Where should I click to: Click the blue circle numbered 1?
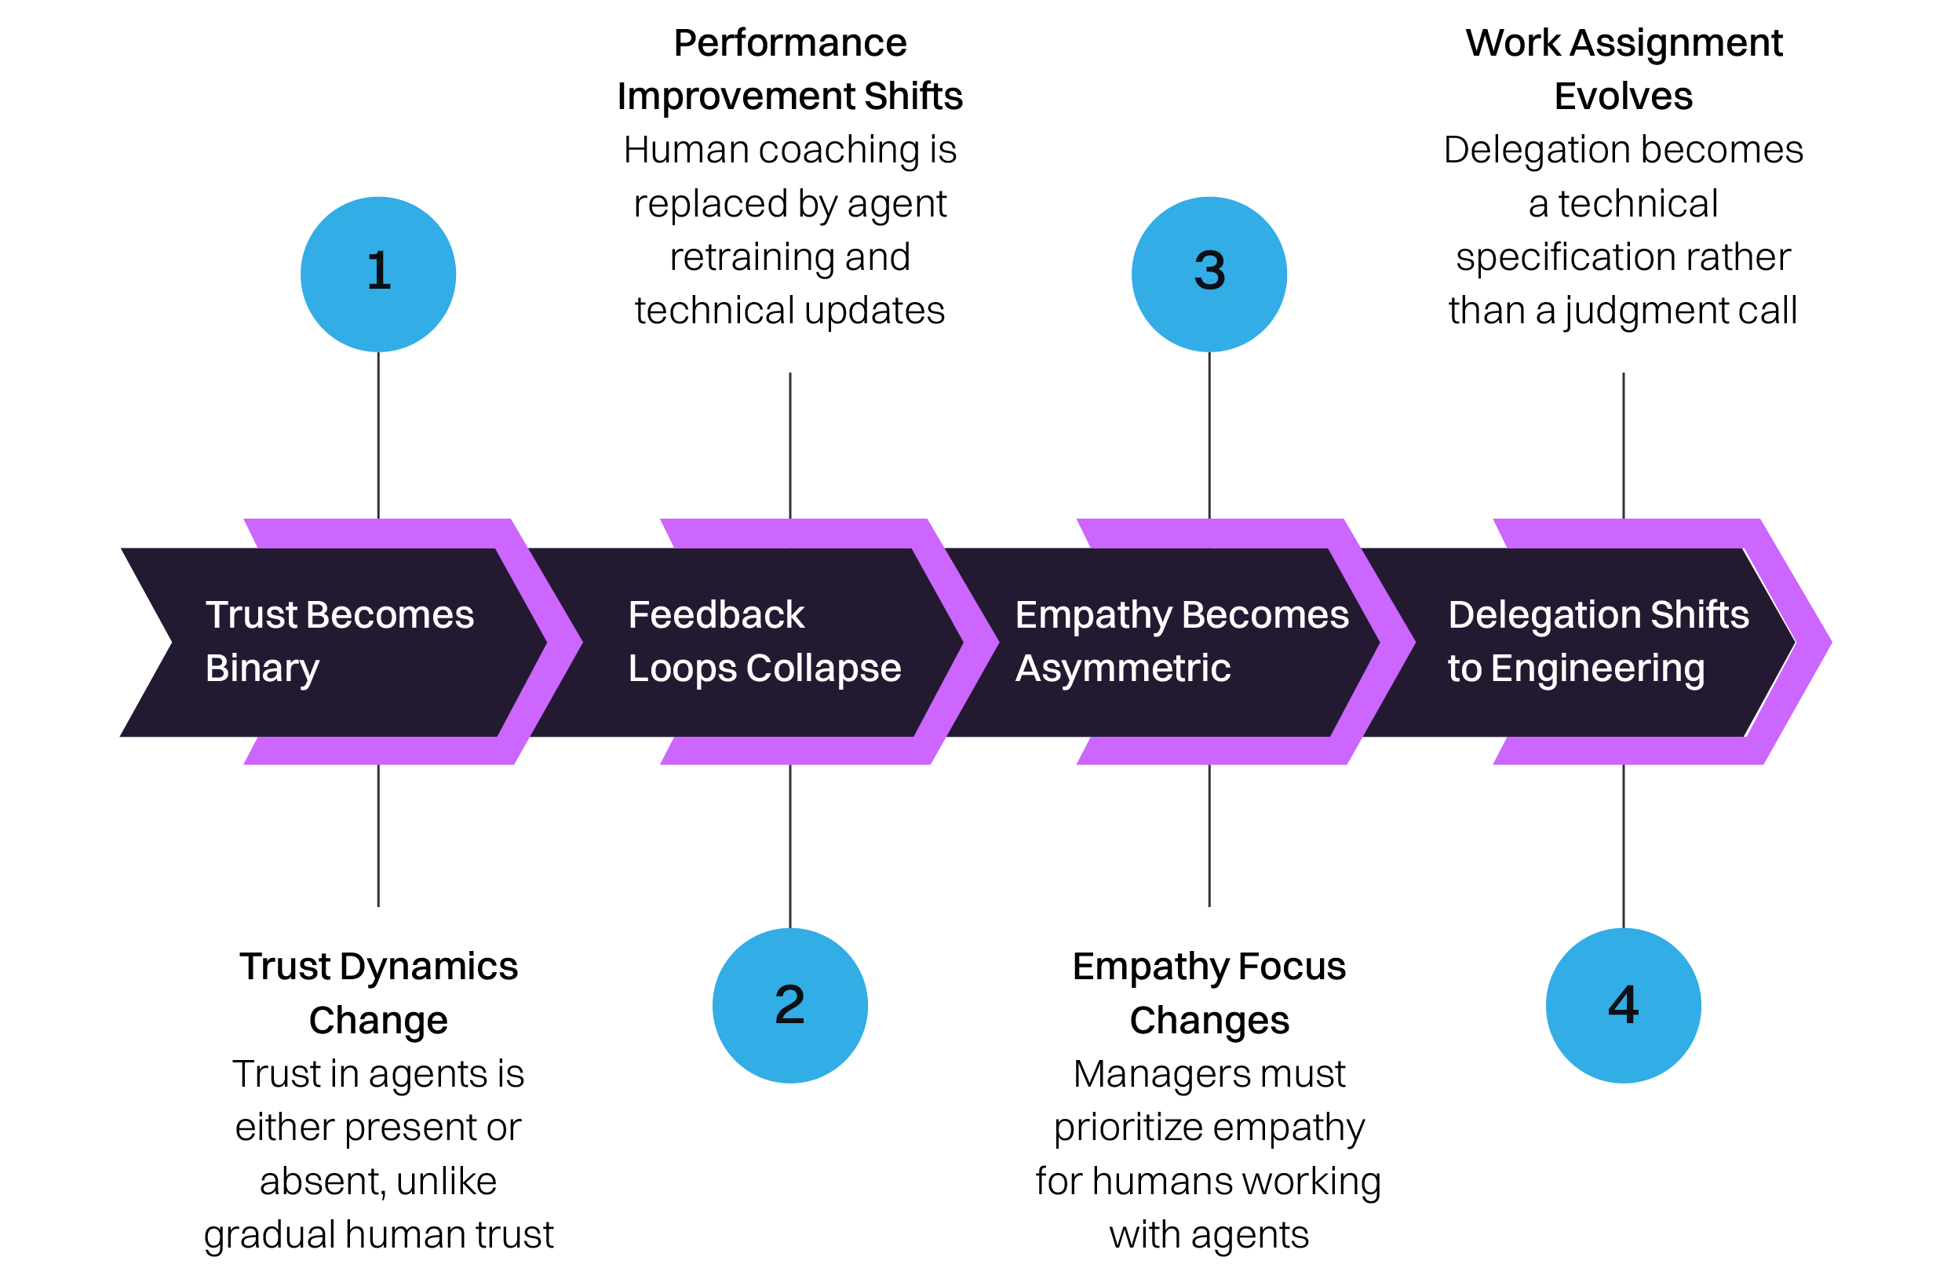tap(378, 274)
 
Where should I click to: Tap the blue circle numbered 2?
tap(789, 1006)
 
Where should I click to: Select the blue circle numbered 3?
tap(1209, 274)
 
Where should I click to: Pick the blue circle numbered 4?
tap(1623, 1006)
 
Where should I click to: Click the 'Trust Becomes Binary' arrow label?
tap(339, 641)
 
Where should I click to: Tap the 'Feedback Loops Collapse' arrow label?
tap(764, 641)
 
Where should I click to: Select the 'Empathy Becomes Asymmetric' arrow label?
tap(1181, 641)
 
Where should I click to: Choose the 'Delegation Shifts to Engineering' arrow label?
tap(1598, 641)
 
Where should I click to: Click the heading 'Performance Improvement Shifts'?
tap(789, 70)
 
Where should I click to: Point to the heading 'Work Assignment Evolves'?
tap(1623, 70)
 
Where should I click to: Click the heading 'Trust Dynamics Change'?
tap(378, 993)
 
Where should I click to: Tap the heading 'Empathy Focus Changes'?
tap(1209, 993)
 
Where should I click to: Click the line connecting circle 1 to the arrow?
tap(378, 435)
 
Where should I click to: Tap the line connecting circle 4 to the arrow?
tap(1623, 845)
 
